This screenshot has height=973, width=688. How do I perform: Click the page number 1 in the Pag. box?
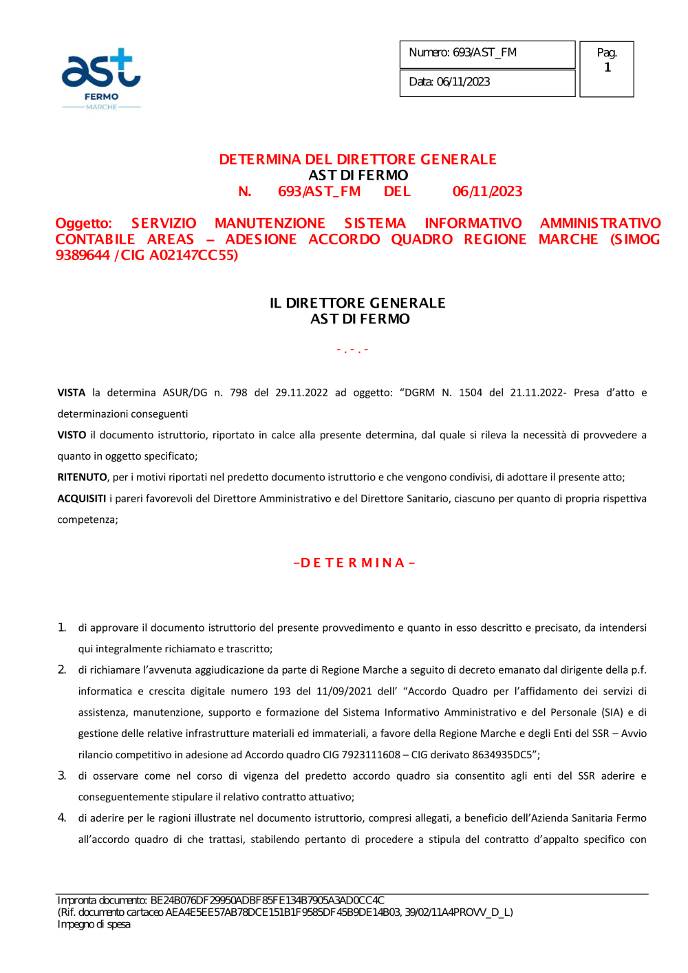608,67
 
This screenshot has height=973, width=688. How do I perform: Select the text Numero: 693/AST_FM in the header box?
462,52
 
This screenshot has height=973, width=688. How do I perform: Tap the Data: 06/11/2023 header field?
449,82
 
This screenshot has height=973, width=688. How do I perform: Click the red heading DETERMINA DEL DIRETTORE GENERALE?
358,160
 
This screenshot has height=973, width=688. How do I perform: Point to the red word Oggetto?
83,224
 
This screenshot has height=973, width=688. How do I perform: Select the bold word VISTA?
71,393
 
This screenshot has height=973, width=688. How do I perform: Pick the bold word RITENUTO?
82,478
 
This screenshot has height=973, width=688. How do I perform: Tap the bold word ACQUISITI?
81,499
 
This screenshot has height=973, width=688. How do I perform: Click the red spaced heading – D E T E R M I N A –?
354,563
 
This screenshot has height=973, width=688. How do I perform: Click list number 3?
62,776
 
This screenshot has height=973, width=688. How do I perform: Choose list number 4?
62,818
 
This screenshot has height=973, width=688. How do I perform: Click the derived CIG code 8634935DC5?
502,755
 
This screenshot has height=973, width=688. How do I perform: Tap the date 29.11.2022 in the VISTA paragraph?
301,393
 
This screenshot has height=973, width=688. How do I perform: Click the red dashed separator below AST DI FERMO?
352,350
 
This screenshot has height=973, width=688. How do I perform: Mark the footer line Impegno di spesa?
94,925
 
